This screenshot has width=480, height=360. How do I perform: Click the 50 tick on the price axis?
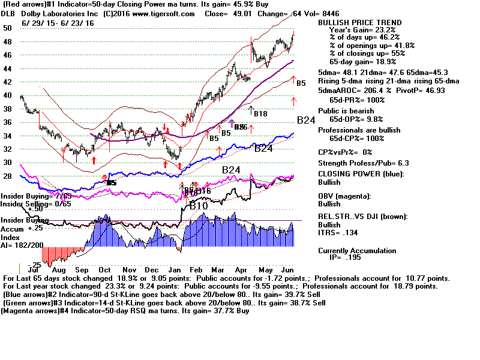7,28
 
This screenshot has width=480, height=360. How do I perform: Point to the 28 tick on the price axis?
7,176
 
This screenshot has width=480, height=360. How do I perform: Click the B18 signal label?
260,113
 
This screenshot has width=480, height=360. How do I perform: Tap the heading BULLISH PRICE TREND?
359,22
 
